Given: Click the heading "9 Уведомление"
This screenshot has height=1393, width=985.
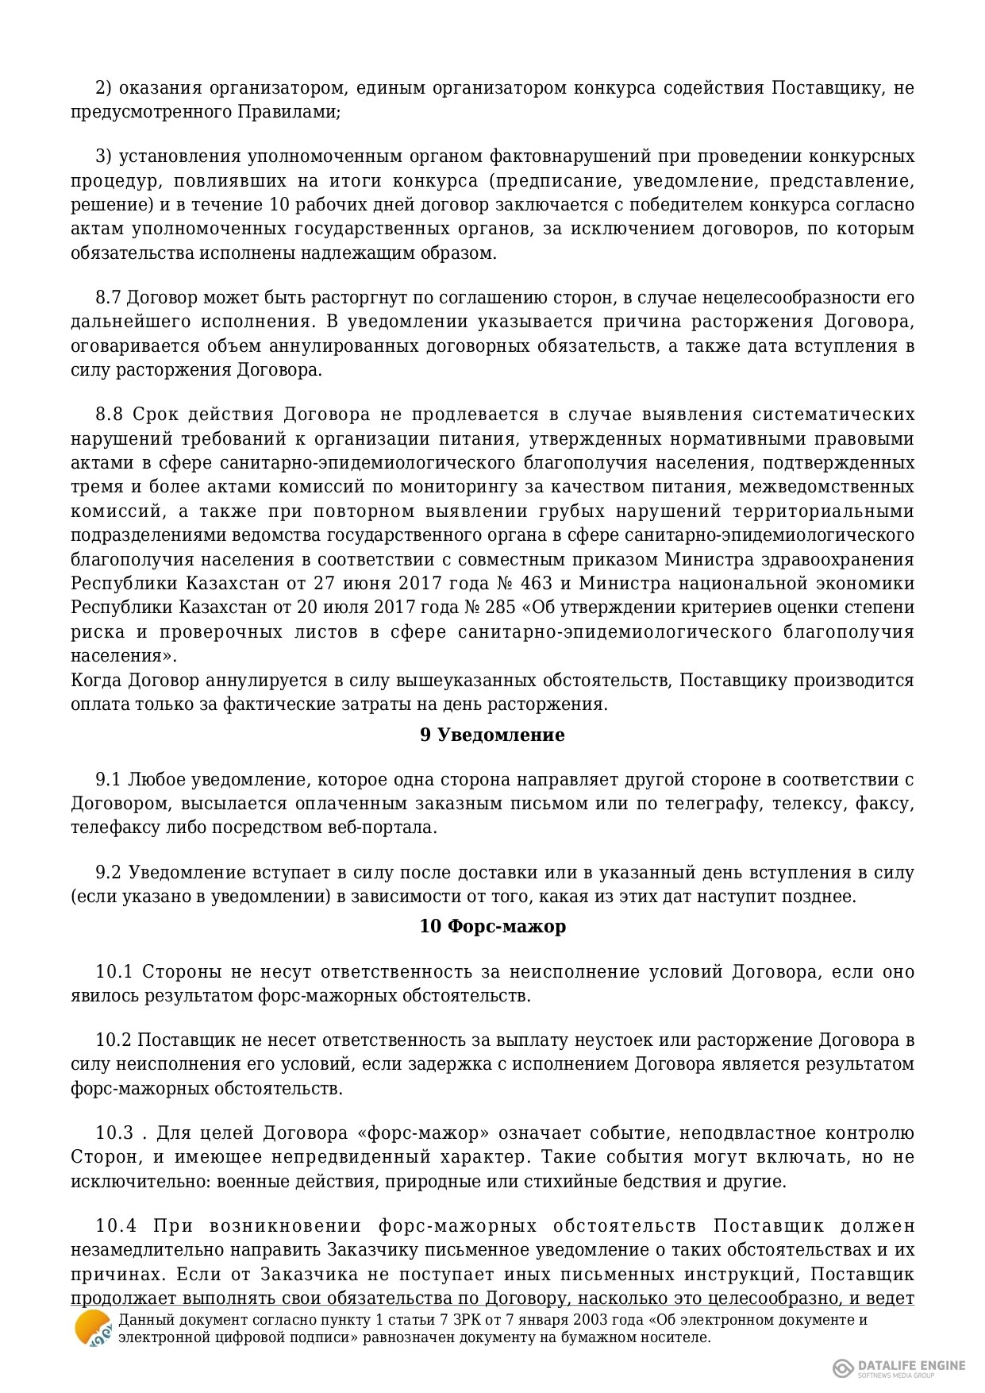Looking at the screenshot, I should click(492, 735).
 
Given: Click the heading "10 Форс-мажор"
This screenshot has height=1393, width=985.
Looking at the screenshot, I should click(492, 927).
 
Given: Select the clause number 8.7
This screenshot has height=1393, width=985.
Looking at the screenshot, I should click(108, 298).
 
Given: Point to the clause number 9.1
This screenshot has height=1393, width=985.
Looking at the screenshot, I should click(108, 779).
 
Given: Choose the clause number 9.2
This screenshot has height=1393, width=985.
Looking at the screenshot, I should click(108, 873).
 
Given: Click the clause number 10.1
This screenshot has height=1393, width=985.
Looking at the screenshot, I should click(116, 972).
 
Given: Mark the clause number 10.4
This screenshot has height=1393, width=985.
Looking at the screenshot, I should click(116, 1226).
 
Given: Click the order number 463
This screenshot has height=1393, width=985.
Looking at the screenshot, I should click(536, 584).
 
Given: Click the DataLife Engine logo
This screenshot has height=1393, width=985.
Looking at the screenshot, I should click(898, 1366).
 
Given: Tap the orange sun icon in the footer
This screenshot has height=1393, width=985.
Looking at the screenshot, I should click(93, 1328).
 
